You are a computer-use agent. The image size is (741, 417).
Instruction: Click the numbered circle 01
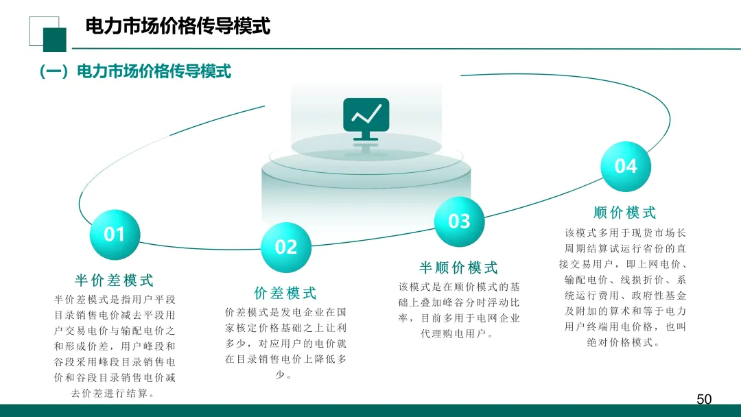point(114,235)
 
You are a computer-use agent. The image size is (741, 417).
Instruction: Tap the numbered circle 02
point(286,247)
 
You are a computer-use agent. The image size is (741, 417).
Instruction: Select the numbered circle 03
point(459,221)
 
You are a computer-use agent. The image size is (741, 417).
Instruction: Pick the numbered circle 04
point(625,166)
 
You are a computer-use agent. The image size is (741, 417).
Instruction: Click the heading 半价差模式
point(115,281)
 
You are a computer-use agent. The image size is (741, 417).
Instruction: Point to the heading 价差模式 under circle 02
point(285,294)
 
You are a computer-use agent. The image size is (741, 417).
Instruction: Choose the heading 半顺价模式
point(459,267)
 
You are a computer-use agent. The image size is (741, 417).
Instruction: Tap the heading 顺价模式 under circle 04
point(625,213)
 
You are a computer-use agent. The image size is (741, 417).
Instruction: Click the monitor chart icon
point(366,119)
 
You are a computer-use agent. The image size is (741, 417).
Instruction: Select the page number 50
point(704,399)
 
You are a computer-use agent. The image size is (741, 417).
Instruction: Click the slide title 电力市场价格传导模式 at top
point(178,27)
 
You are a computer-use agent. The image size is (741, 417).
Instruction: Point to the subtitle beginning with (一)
point(135,71)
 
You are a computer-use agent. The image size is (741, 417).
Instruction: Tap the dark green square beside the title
point(55,40)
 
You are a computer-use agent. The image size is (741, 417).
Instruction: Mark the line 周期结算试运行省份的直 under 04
point(625,248)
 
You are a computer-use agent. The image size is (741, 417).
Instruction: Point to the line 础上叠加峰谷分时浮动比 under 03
point(459,302)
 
